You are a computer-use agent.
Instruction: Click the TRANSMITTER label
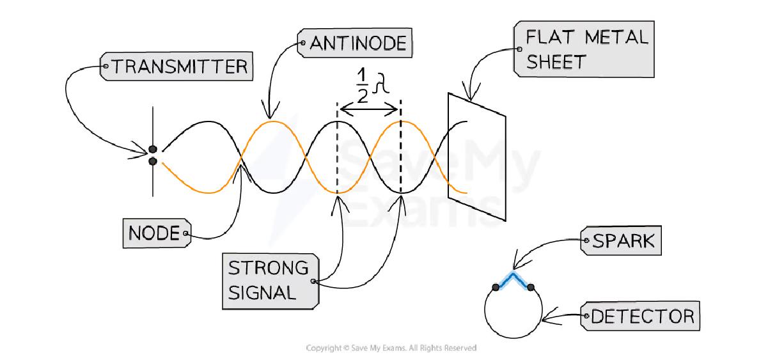click(x=176, y=67)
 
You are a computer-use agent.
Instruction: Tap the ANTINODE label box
click(x=354, y=43)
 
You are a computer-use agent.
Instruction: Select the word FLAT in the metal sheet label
click(x=550, y=37)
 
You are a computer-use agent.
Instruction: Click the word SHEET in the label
click(x=556, y=62)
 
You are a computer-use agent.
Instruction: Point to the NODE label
click(x=157, y=233)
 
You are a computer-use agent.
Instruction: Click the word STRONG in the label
click(x=269, y=268)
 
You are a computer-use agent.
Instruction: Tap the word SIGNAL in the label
click(x=262, y=292)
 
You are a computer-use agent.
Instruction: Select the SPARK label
click(x=621, y=240)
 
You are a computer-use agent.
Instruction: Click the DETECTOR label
click(x=640, y=317)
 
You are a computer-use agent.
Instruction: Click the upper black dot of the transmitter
click(x=153, y=150)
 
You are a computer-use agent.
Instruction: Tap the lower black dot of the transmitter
click(x=153, y=161)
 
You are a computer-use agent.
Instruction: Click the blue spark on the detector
click(x=513, y=280)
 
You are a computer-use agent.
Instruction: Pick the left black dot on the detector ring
click(x=496, y=287)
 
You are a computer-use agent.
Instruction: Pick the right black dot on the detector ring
click(x=531, y=287)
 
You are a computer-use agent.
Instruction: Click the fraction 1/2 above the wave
click(x=362, y=86)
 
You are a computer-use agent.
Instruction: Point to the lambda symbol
click(x=380, y=83)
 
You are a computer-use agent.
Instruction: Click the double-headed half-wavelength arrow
click(x=369, y=109)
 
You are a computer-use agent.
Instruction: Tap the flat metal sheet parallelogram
click(x=476, y=157)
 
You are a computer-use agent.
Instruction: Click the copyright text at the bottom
click(x=391, y=348)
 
